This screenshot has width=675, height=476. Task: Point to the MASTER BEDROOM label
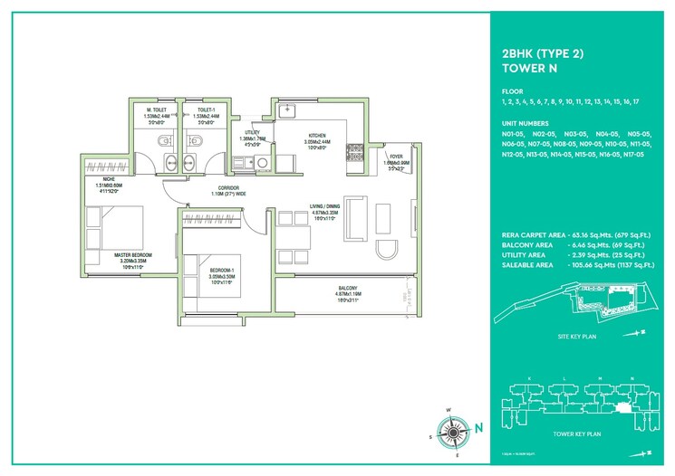133,255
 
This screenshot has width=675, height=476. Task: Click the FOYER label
396,157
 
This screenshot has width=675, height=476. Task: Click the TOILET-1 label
198,111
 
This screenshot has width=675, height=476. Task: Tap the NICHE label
96,180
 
